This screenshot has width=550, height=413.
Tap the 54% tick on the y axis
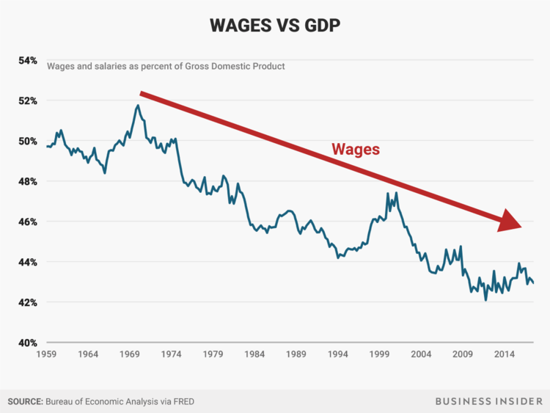click(x=28, y=60)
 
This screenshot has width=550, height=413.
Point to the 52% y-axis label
click(x=28, y=100)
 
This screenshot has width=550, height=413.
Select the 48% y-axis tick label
click(x=28, y=181)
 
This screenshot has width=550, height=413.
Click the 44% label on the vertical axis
click(x=28, y=262)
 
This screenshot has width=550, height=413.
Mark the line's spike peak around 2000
click(x=396, y=193)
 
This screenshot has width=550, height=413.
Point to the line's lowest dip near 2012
click(x=485, y=300)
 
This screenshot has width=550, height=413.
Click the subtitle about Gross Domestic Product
click(x=166, y=66)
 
